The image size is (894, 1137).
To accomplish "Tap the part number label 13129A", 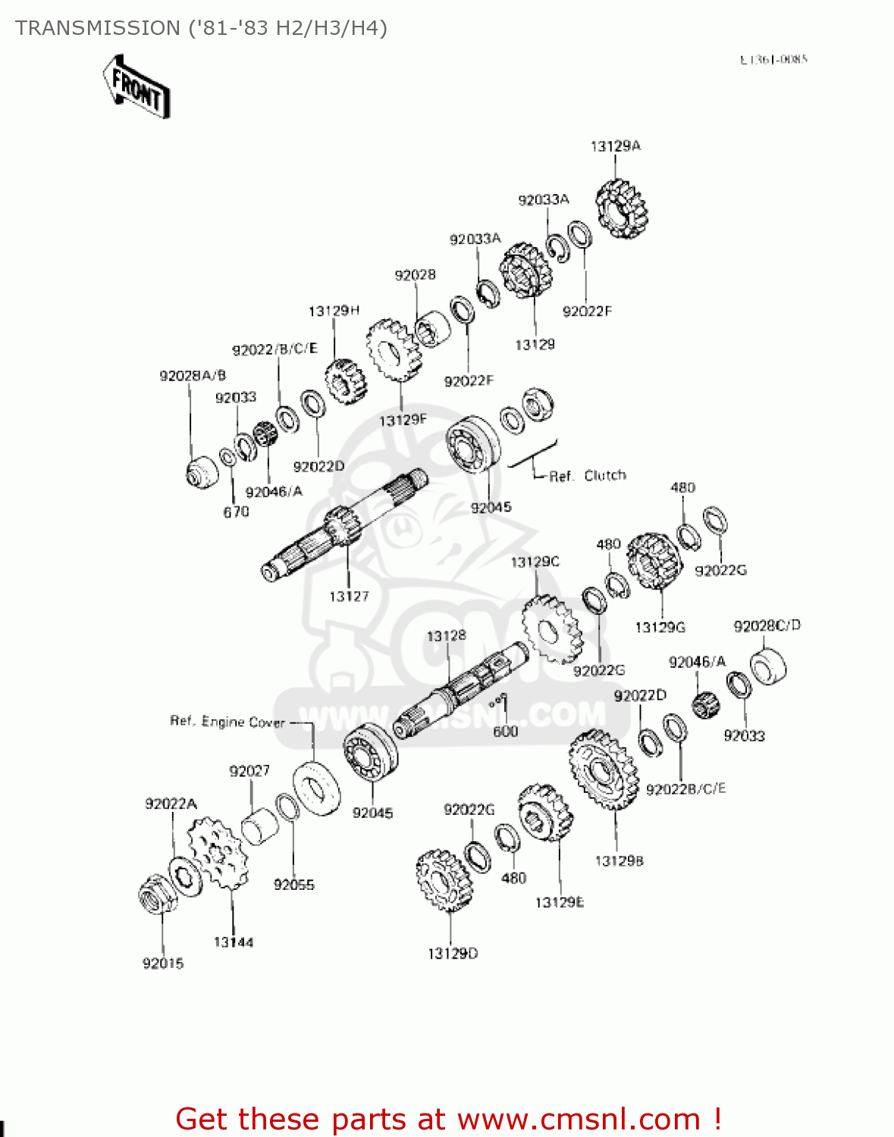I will click(x=615, y=146).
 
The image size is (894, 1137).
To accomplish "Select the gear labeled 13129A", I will click(x=622, y=208).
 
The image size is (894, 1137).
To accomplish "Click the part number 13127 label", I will click(x=349, y=597).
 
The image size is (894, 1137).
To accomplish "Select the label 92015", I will click(x=163, y=963).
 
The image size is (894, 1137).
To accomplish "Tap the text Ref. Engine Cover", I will click(x=227, y=722).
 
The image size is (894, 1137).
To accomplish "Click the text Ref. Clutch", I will click(x=588, y=476).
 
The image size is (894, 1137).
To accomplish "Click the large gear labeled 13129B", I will click(x=604, y=769).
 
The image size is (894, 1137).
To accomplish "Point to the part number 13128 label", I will click(x=446, y=636).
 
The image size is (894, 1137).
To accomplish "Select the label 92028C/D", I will click(x=767, y=625).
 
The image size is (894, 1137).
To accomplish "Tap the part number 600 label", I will click(x=505, y=731).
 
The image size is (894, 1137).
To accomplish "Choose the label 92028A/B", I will click(x=193, y=375).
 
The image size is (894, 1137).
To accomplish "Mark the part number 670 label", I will click(x=236, y=512).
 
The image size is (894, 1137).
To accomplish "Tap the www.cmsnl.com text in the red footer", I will click(x=579, y=1119).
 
